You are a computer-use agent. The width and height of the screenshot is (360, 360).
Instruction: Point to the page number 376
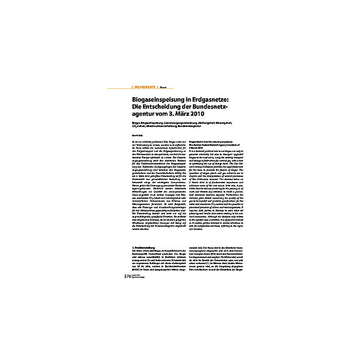pyautogui.click(x=129, y=276)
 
